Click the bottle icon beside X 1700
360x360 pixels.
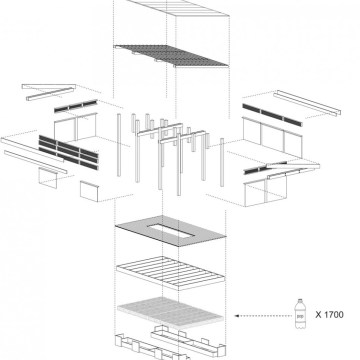[x=300, y=314]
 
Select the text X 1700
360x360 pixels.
[x=329, y=314]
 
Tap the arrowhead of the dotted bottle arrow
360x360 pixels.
[x=237, y=316]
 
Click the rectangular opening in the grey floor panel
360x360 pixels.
[x=170, y=231]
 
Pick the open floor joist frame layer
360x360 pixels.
[x=170, y=273]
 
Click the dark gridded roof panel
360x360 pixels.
[x=171, y=56]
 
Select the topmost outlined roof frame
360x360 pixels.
[x=178, y=7]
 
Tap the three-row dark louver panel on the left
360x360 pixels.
[x=69, y=152]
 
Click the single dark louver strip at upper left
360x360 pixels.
[x=76, y=106]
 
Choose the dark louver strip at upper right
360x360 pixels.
[x=272, y=115]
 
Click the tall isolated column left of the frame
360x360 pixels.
[x=119, y=145]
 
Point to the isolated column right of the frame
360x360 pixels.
[x=222, y=162]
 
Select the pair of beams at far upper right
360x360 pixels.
[x=307, y=103]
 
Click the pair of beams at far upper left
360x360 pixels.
[x=49, y=91]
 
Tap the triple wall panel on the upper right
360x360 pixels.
[x=272, y=137]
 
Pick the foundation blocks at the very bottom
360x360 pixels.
[x=170, y=343]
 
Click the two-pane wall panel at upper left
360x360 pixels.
[x=75, y=127]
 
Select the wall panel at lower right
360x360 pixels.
[x=265, y=191]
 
